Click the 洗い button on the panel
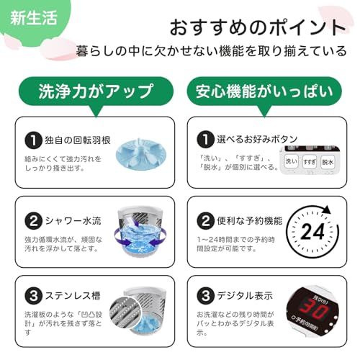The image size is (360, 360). pos(292,162)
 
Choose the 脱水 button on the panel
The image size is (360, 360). pos(328,162)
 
